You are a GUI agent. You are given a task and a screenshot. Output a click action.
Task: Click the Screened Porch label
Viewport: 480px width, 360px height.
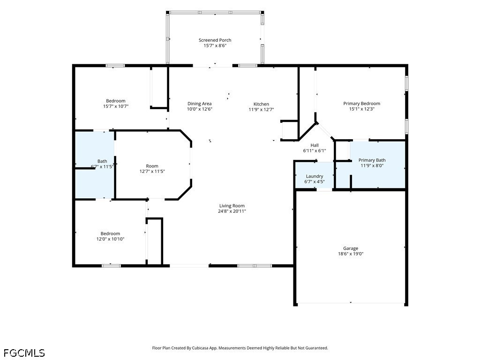pos(215,40)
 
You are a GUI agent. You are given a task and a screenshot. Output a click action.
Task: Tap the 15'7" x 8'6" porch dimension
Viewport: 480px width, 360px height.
pos(215,45)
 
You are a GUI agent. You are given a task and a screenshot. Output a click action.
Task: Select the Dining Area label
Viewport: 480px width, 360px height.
pos(200,104)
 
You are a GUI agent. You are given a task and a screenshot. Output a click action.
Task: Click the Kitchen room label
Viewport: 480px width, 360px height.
pos(261,104)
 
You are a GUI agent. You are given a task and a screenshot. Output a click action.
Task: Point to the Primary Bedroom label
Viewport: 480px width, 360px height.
pos(361,104)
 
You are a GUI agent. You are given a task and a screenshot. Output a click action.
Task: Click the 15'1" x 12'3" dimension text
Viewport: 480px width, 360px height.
pos(361,109)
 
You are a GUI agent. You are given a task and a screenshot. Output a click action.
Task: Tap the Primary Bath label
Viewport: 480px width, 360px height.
pos(372,160)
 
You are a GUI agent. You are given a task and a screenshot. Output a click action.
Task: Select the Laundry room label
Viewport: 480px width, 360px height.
pos(315,176)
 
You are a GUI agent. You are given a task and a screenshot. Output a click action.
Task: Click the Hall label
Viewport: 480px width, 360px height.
pos(315,145)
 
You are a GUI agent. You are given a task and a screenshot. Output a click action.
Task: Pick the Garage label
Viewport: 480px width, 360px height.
pos(351,248)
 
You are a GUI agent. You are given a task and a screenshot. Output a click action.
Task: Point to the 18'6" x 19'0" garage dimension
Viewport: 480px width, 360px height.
pos(351,254)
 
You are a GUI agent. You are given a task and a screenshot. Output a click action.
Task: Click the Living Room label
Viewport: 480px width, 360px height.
pos(232,206)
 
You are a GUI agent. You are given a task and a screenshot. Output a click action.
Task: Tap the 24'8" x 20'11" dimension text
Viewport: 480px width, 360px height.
pos(232,211)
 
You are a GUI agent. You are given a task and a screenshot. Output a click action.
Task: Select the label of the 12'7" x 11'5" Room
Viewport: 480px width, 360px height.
pos(152,166)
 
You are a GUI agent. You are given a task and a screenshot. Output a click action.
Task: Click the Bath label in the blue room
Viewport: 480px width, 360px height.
pos(102,161)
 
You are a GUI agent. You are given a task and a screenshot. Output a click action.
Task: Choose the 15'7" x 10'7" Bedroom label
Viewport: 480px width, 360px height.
pos(116,101)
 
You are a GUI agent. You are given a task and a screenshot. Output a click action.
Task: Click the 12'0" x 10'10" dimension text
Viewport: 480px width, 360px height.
pos(110,239)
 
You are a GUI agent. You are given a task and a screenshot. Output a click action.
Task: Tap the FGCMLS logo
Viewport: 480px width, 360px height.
pos(24,353)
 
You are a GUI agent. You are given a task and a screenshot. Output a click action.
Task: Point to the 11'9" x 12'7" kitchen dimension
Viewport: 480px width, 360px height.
pos(261,110)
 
